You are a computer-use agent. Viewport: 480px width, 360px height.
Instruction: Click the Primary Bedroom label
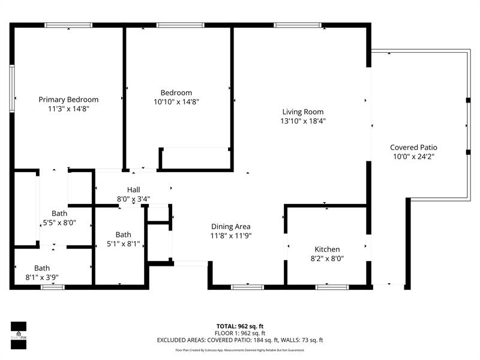point(68,100)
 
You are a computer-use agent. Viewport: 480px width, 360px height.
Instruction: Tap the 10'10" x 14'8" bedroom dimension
point(176,102)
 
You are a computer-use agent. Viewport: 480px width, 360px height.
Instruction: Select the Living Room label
point(303,112)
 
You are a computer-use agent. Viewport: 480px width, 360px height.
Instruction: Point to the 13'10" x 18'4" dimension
point(303,121)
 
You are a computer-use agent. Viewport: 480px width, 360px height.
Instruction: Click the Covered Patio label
point(413,147)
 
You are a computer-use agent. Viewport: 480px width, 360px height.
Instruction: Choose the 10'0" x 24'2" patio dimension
point(413,157)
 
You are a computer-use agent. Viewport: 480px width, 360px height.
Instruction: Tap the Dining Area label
point(230,226)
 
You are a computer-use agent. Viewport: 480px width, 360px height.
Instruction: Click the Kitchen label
point(327,249)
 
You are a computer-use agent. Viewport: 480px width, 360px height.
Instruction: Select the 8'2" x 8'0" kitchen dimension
point(327,259)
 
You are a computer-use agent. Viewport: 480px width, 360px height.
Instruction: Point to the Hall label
point(133,190)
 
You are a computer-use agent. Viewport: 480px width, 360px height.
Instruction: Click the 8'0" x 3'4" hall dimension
point(133,199)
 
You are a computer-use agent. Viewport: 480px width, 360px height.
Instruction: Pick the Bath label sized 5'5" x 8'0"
point(59,213)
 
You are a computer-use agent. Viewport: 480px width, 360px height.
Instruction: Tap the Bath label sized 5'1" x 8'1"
point(123,235)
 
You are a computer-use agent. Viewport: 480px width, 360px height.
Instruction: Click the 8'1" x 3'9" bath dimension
point(42,277)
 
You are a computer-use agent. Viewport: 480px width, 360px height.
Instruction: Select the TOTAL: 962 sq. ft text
point(240,326)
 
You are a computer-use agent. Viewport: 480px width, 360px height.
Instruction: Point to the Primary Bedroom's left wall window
point(12,88)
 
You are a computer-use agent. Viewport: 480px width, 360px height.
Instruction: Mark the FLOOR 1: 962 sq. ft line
point(240,333)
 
